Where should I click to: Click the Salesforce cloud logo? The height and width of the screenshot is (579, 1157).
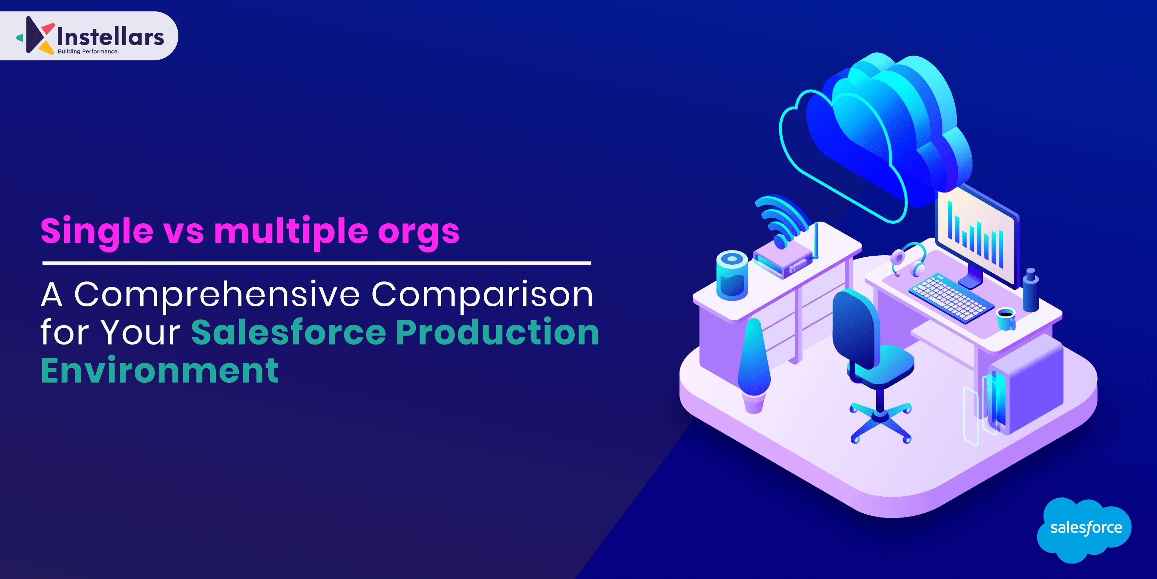point(1084,530)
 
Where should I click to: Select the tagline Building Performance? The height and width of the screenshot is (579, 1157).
point(88,52)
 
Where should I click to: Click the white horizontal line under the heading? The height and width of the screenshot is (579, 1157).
point(316,263)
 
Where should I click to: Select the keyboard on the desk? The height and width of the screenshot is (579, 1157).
point(951,298)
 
